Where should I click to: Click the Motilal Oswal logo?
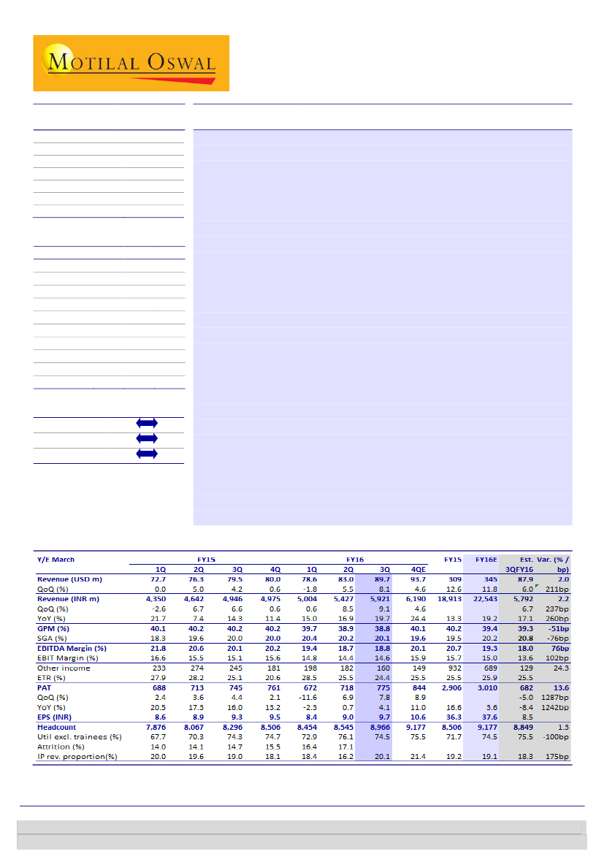tap(131, 63)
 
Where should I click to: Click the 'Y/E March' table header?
tap(56, 560)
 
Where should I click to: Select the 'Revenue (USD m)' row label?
tap(70, 579)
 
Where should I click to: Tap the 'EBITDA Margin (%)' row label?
tap(72, 648)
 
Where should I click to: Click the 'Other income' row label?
tap(64, 668)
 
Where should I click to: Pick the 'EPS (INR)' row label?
tap(58, 717)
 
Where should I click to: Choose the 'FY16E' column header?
tap(486, 560)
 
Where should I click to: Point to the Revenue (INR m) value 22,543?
tap(483, 598)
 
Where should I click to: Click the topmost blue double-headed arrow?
tap(147, 423)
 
